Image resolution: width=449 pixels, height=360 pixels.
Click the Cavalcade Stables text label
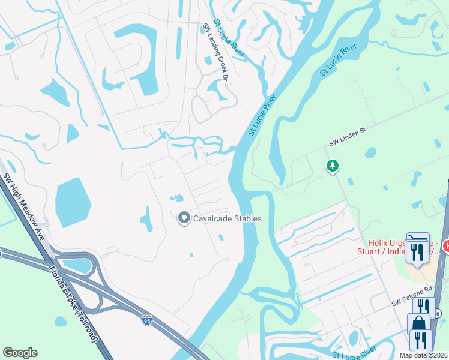[x=227, y=218]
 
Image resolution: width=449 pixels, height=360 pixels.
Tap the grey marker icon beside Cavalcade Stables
[x=184, y=218]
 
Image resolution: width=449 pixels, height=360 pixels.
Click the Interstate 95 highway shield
[x=147, y=320]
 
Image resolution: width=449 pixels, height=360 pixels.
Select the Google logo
[x=20, y=353]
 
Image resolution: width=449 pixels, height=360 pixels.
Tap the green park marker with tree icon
[x=332, y=166]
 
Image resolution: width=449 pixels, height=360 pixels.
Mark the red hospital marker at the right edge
[x=446, y=245]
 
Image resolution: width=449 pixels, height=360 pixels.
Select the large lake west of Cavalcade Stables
[x=73, y=202]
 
